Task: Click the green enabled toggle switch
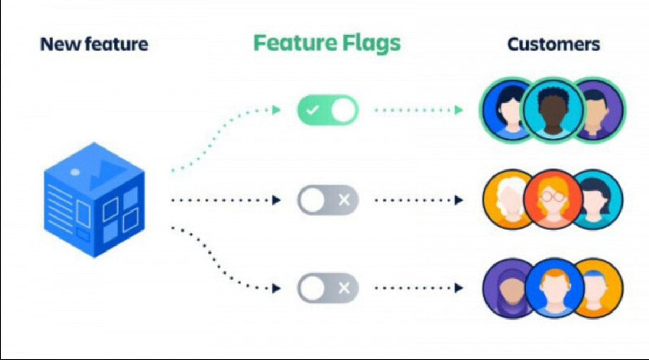pyautogui.click(x=327, y=110)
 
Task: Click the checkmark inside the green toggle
pyautogui.click(x=312, y=111)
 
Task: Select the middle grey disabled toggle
pyautogui.click(x=327, y=200)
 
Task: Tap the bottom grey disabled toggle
pyautogui.click(x=327, y=288)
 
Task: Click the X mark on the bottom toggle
pyautogui.click(x=343, y=288)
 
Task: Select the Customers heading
pyautogui.click(x=553, y=44)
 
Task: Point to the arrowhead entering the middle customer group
pyautogui.click(x=458, y=200)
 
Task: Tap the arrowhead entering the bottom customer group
pyautogui.click(x=458, y=288)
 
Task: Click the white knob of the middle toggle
pyautogui.click(x=312, y=200)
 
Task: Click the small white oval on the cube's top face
pyautogui.click(x=75, y=172)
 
